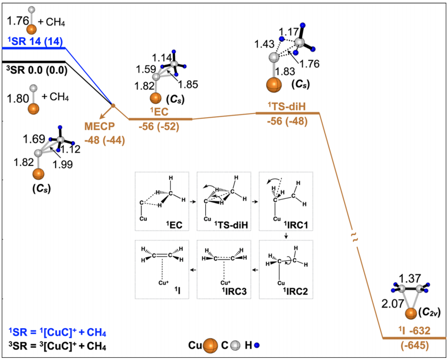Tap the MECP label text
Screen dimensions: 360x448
pos(99,127)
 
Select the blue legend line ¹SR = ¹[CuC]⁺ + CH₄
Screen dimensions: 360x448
pos(57,333)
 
